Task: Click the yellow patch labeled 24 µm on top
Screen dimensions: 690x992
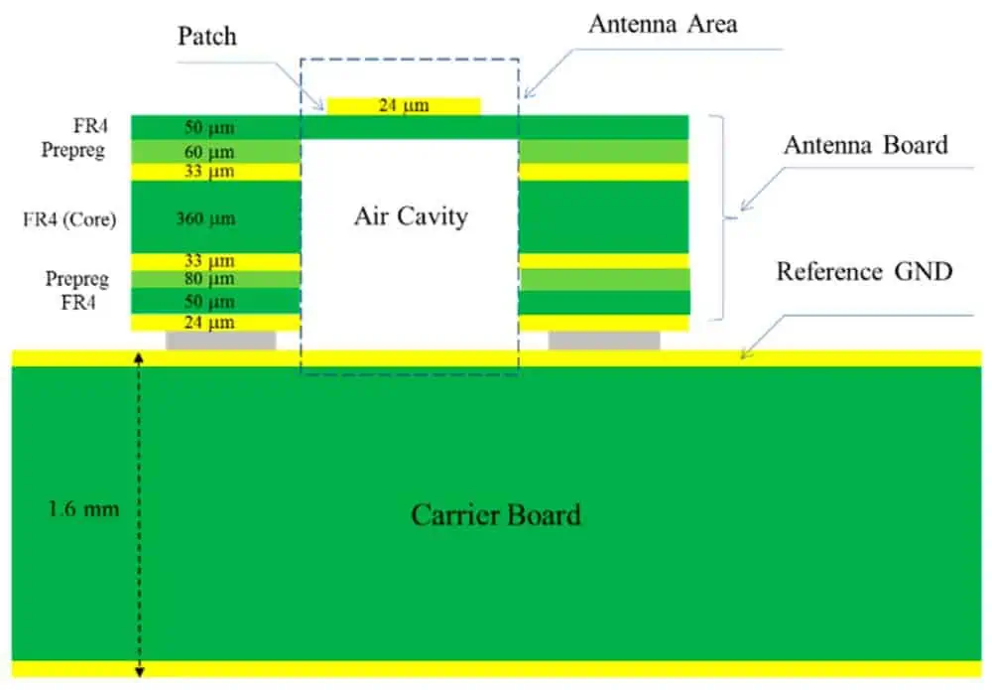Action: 404,105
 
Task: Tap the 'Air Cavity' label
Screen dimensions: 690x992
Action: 410,216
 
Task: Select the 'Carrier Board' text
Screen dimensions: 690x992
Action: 495,515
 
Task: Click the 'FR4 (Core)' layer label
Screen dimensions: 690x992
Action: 69,218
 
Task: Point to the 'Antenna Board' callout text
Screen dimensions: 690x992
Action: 865,145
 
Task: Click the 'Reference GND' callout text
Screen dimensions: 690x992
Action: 864,271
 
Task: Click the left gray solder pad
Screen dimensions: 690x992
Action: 220,341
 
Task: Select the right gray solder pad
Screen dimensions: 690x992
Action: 603,341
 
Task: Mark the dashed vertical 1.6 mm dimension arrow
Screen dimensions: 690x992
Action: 139,516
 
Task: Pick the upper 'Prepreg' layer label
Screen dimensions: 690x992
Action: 73,150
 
